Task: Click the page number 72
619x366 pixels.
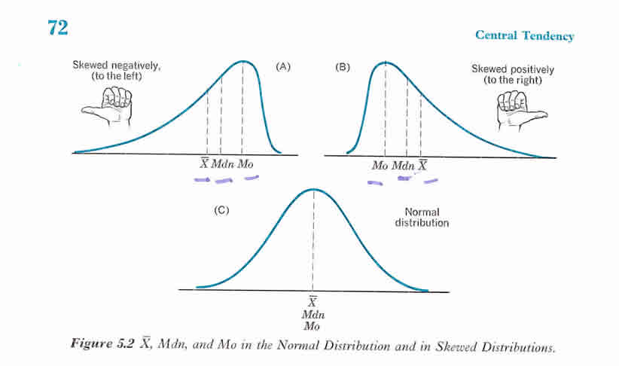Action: pyautogui.click(x=58, y=28)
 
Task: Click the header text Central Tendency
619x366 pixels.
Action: pyautogui.click(x=525, y=36)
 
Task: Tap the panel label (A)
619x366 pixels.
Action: pyautogui.click(x=282, y=66)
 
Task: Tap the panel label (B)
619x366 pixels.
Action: pyautogui.click(x=343, y=66)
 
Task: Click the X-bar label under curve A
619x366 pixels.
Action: pyautogui.click(x=203, y=163)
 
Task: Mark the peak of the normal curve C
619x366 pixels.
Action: pyautogui.click(x=313, y=189)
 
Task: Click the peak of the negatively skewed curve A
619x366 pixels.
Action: pyautogui.click(x=242, y=61)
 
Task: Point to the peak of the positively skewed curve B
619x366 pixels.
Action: pyautogui.click(x=385, y=61)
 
